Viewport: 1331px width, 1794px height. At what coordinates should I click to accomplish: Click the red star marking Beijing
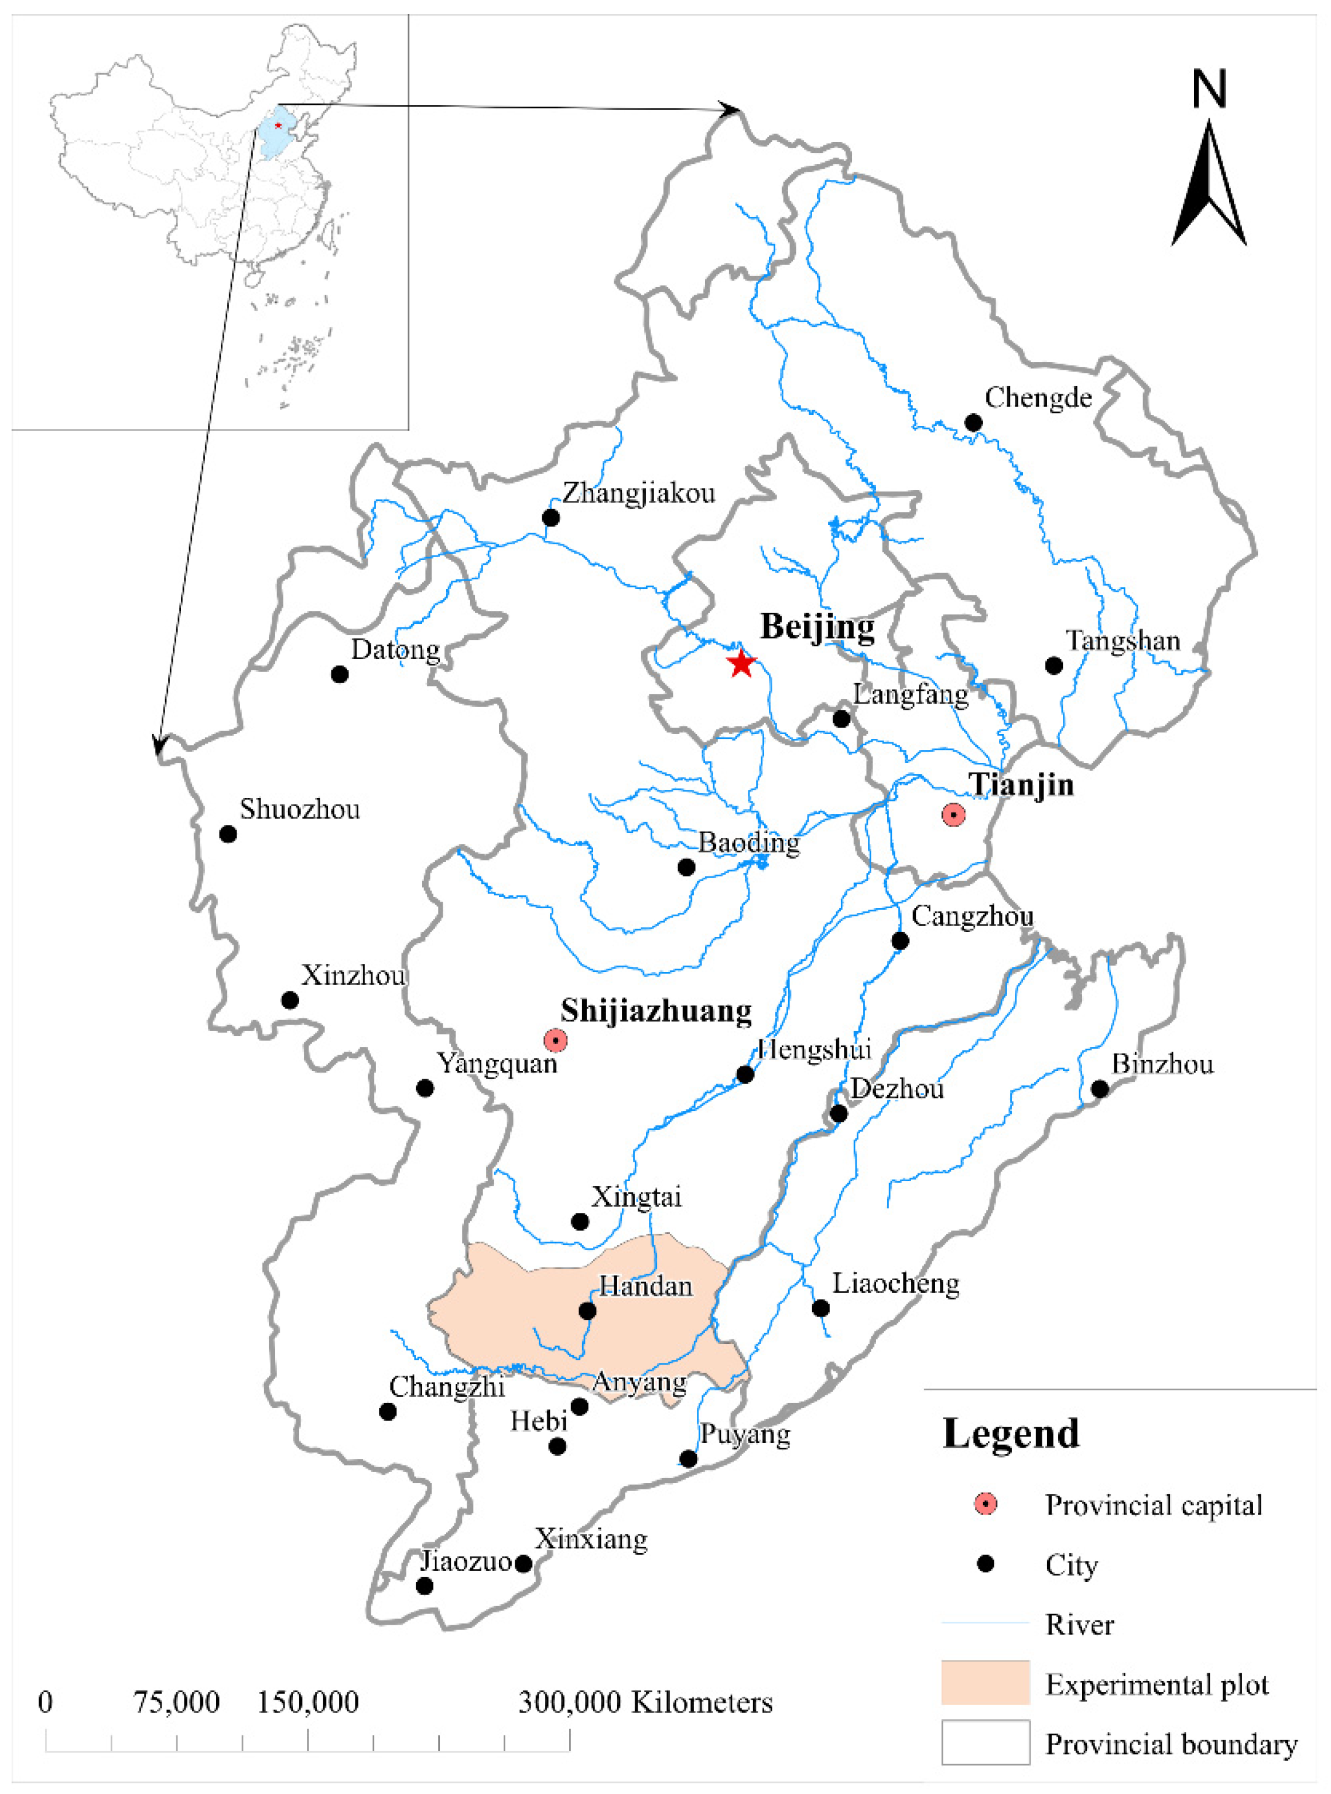coord(740,663)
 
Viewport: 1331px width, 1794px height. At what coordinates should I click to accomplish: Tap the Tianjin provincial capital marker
coord(953,815)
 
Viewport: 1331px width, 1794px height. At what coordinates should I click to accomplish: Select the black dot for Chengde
coord(973,422)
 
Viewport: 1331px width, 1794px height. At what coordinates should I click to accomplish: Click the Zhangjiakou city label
coord(638,492)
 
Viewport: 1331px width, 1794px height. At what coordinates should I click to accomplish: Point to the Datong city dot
coord(339,674)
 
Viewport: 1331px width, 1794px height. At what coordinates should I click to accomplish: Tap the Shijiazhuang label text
coord(656,1010)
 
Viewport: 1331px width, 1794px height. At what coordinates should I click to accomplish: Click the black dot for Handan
coord(587,1311)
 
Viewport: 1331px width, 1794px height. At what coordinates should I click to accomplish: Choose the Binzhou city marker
coord(1100,1089)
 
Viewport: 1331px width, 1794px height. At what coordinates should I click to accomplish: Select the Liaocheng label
coord(895,1283)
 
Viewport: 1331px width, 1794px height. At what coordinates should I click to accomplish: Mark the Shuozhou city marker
coord(228,833)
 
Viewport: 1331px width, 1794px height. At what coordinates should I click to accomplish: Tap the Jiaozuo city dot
coord(425,1585)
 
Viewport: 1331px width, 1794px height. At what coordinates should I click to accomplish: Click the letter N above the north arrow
coord(1209,90)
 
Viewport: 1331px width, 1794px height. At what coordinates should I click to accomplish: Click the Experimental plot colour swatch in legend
coord(986,1682)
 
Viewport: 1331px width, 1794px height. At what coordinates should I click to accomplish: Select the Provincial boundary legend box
coord(986,1742)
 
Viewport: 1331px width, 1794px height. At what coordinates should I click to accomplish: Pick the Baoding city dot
coord(686,867)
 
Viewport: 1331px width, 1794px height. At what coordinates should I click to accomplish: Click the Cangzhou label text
coord(971,916)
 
